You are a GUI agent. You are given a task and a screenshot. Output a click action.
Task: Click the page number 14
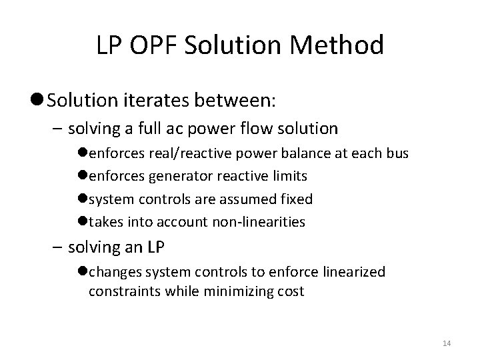tap(447, 343)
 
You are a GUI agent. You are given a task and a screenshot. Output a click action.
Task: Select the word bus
tap(397, 153)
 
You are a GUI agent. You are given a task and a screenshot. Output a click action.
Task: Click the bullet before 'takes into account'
tap(84, 222)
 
